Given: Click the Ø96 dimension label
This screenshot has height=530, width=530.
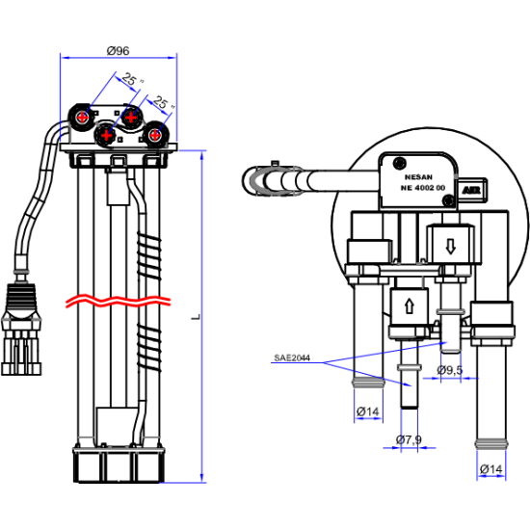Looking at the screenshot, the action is [118, 51].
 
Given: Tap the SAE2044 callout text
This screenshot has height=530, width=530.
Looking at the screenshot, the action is [292, 358].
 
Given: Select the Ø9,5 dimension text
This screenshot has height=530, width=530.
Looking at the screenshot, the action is [450, 370].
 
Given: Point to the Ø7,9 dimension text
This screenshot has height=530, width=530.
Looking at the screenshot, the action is [409, 439].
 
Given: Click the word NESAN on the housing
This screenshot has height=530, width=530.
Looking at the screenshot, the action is [418, 177].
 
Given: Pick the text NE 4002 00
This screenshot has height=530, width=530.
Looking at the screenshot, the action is [423, 188].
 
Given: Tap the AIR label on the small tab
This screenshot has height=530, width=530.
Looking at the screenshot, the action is [471, 191].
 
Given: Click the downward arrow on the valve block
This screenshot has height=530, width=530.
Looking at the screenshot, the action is [450, 246].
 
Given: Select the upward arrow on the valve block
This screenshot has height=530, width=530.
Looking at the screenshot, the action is [410, 306].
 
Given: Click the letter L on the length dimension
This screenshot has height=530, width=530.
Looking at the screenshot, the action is [196, 317].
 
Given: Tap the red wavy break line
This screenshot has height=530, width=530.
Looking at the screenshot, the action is [118, 301].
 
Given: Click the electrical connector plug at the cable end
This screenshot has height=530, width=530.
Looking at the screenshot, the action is [21, 330].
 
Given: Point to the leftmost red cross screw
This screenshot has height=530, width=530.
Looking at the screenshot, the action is [82, 118].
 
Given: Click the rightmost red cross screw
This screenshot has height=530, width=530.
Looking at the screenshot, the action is [155, 135].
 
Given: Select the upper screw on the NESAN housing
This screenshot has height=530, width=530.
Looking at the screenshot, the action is [400, 163].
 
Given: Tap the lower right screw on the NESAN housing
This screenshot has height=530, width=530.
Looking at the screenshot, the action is [448, 200].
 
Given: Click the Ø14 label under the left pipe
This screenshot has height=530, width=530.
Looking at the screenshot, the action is [368, 411].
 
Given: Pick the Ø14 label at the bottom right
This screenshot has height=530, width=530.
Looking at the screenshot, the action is [491, 469].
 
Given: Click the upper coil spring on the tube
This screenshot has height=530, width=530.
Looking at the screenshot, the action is [148, 255].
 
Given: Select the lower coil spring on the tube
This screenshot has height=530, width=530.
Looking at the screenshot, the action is [148, 347].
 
